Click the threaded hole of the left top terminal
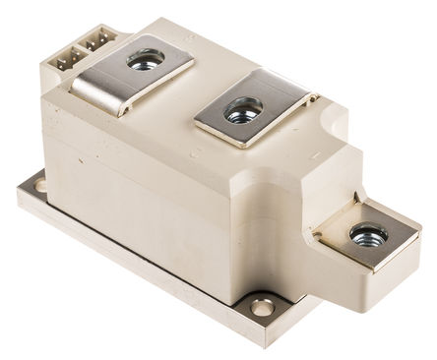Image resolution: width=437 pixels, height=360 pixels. pyautogui.click(x=146, y=60)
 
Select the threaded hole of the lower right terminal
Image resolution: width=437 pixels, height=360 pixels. pyautogui.click(x=367, y=235)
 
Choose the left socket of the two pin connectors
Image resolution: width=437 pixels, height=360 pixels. pyautogui.click(x=66, y=58)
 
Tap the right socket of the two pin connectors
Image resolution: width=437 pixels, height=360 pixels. pyautogui.click(x=96, y=42)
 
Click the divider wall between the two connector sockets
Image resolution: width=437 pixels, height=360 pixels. pyautogui.click(x=81, y=49)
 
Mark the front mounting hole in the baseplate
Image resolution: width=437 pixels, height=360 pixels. pyautogui.click(x=262, y=309)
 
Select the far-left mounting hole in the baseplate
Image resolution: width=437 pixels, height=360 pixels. pyautogui.click(x=39, y=184)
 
